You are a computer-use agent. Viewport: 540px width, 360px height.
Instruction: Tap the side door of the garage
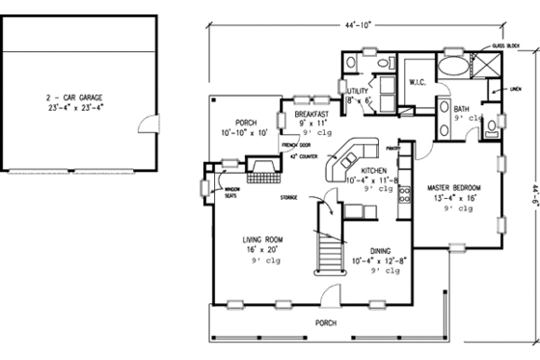point(147,124)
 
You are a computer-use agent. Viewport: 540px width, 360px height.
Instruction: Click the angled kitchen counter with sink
point(348,158)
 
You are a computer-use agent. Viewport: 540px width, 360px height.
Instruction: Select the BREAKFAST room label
point(312,114)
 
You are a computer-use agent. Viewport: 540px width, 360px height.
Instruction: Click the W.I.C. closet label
point(417,82)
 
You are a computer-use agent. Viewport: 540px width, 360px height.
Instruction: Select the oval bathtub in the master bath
point(451,68)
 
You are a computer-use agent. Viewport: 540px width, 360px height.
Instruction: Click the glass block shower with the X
point(485,67)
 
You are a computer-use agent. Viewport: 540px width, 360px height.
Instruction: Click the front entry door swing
point(329,295)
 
